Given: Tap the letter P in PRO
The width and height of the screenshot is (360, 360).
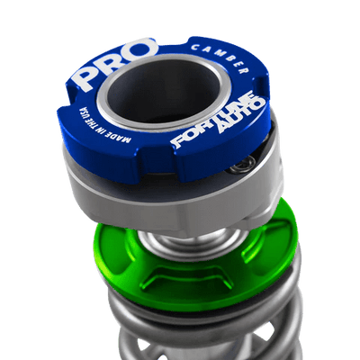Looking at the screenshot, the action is tap(86, 78).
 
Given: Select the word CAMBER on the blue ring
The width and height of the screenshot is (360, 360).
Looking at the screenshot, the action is tap(220, 58).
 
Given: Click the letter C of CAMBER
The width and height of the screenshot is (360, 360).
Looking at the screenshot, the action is tap(194, 47).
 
